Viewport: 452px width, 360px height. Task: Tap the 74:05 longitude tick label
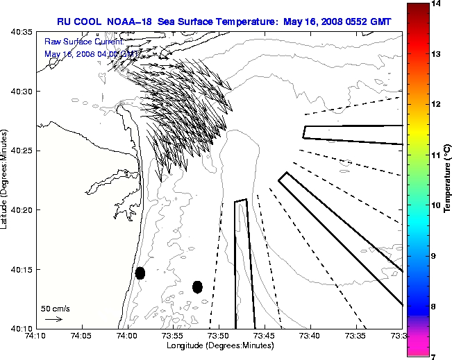pos(82,336)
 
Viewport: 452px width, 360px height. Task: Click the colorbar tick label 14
pos(437,3)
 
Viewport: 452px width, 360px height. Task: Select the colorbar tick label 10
pos(437,205)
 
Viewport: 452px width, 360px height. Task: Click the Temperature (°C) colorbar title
pos(448,180)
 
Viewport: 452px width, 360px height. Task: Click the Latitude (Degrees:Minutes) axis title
pos(5,180)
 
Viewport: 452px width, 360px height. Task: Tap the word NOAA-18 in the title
pos(131,22)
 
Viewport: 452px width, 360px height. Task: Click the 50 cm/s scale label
pos(55,308)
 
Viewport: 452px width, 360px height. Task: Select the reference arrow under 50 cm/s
pos(53,319)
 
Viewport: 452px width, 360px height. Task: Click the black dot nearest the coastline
pos(140,273)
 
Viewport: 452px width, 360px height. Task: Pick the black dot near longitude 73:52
pos(197,286)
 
